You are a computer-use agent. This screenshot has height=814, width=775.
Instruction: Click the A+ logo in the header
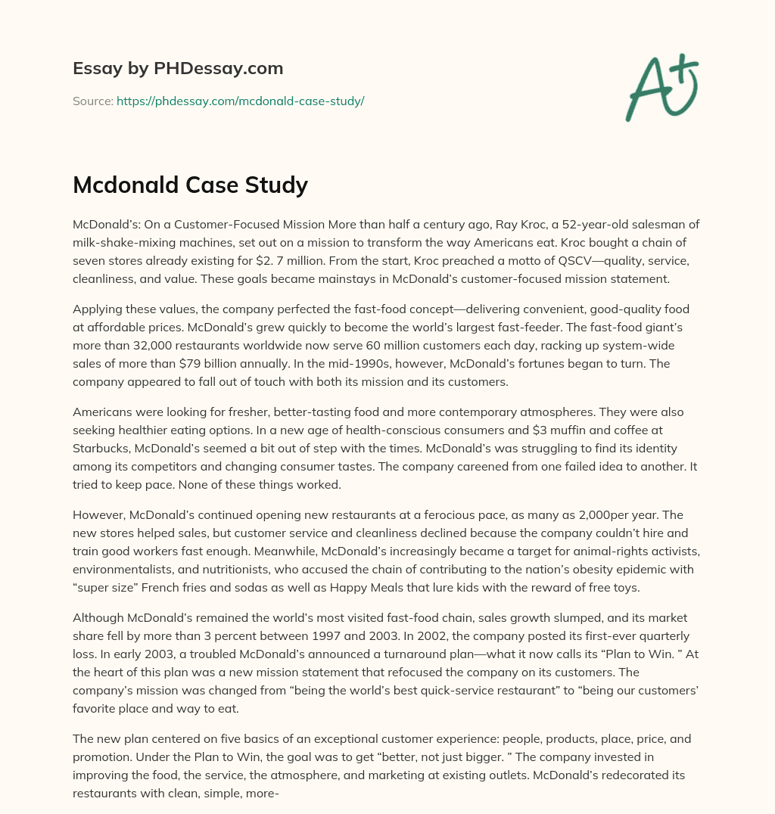coord(661,88)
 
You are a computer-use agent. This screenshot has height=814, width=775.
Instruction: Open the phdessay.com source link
coord(240,101)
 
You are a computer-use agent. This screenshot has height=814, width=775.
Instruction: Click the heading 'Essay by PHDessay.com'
coord(178,69)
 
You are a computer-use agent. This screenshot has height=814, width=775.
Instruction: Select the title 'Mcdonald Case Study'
coord(190,185)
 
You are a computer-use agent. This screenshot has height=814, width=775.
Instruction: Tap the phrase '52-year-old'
coord(580,224)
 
